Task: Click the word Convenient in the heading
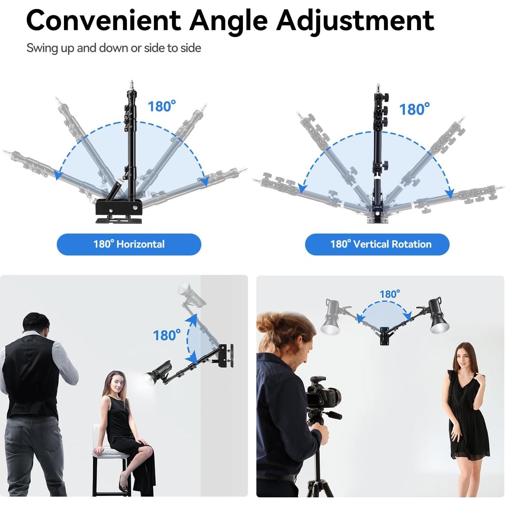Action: [x=103, y=21]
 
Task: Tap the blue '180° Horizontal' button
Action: [x=129, y=244]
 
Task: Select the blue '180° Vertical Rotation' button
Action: [x=377, y=244]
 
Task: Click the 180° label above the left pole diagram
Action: [x=162, y=106]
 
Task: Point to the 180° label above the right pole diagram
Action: [x=414, y=109]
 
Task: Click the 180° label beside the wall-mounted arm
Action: [x=167, y=335]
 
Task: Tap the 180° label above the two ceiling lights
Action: [x=390, y=294]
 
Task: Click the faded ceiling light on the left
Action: [x=333, y=316]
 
